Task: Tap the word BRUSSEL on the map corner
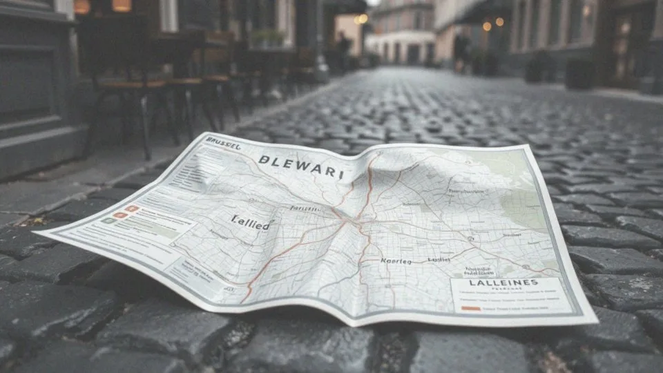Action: pyautogui.click(x=223, y=144)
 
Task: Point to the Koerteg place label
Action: pyautogui.click(x=396, y=261)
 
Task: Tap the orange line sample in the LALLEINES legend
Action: pyautogui.click(x=470, y=308)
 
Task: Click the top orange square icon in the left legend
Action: pyautogui.click(x=131, y=209)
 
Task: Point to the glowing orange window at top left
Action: pyautogui.click(x=122, y=6)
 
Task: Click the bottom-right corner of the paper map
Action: pyautogui.click(x=595, y=321)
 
